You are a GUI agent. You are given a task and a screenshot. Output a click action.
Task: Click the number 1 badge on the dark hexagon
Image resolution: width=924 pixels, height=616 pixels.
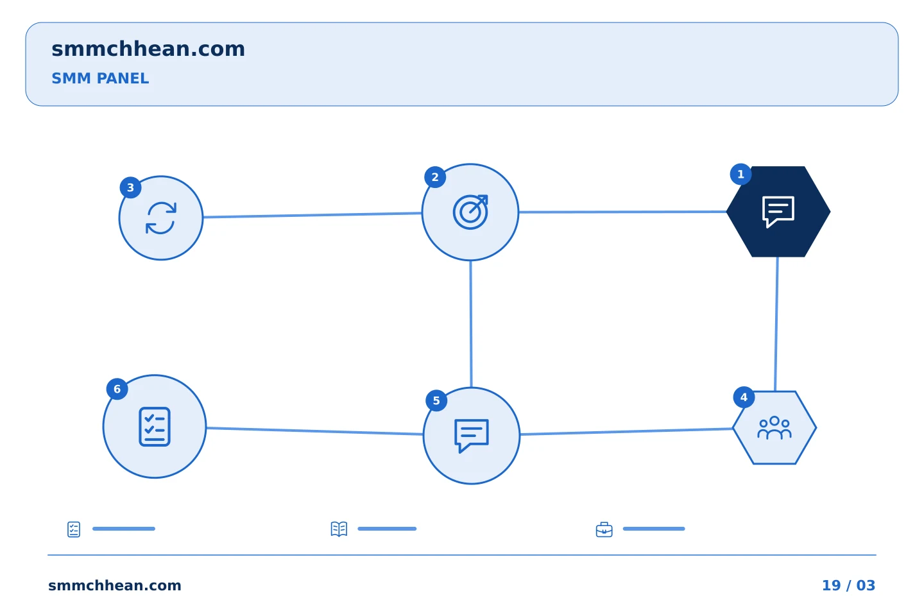pyautogui.click(x=740, y=174)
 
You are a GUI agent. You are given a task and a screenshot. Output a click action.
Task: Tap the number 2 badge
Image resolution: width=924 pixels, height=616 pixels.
pyautogui.click(x=435, y=177)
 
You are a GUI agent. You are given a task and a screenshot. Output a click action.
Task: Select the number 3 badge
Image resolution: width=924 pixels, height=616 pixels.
pyautogui.click(x=130, y=188)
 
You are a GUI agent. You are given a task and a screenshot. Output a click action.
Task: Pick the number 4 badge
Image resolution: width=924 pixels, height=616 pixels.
pyautogui.click(x=744, y=397)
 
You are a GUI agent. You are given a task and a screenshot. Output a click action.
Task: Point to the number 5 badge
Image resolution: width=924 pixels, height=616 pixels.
pyautogui.click(x=436, y=400)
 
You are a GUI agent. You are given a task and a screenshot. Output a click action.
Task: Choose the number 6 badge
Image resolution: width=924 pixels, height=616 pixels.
pyautogui.click(x=117, y=389)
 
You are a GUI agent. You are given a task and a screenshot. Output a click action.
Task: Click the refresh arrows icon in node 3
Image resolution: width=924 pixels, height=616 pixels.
pyautogui.click(x=161, y=218)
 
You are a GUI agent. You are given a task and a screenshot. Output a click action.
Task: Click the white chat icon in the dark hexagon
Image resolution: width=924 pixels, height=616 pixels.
pyautogui.click(x=778, y=212)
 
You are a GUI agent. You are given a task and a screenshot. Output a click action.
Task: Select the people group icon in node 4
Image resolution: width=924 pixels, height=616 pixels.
pyautogui.click(x=774, y=428)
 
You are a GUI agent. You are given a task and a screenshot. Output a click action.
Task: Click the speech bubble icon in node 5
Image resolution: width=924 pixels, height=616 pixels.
pyautogui.click(x=472, y=436)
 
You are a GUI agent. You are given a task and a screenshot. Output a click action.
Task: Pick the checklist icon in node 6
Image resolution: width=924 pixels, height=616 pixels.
pyautogui.click(x=155, y=427)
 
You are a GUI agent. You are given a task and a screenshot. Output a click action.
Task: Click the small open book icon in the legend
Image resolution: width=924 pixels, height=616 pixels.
pyautogui.click(x=339, y=529)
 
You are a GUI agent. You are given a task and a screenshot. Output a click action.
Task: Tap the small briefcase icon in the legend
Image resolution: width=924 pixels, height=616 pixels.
pyautogui.click(x=604, y=529)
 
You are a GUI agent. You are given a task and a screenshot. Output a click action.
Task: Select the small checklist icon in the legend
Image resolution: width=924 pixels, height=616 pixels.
pyautogui.click(x=74, y=529)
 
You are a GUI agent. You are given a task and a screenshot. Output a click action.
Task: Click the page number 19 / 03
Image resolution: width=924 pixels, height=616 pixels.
pyautogui.click(x=848, y=585)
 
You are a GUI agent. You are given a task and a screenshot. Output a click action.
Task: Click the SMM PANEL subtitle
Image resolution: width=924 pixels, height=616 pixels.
pyautogui.click(x=100, y=78)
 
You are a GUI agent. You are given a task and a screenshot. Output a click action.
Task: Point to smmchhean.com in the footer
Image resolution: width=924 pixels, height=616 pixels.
pyautogui.click(x=115, y=585)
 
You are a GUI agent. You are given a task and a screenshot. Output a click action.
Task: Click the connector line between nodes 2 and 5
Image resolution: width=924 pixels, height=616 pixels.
pyautogui.click(x=471, y=324)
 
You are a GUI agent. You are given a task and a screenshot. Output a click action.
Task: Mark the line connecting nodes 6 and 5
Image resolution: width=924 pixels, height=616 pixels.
pyautogui.click(x=314, y=431)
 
